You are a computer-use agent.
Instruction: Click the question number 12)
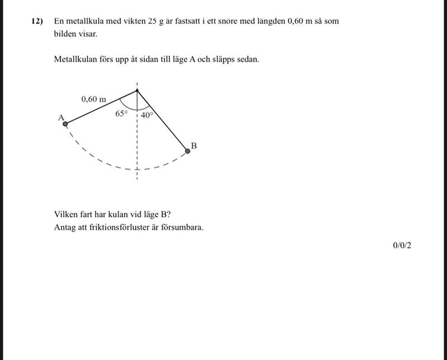[x=37, y=21]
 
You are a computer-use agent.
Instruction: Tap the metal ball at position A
[x=65, y=124]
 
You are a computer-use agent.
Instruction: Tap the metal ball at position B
[x=188, y=151]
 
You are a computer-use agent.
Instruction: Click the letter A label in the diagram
[x=61, y=117]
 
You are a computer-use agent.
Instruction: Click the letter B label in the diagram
[x=194, y=146]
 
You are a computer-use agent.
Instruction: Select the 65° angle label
[x=121, y=114]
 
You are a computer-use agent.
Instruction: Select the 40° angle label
[x=146, y=115]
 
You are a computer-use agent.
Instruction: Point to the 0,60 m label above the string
[x=93, y=99]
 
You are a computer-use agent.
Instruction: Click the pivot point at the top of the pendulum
[x=137, y=89]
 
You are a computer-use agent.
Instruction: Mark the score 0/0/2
[x=402, y=245]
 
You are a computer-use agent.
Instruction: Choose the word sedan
[x=248, y=59]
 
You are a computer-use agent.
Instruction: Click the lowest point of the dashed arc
[x=137, y=168]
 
